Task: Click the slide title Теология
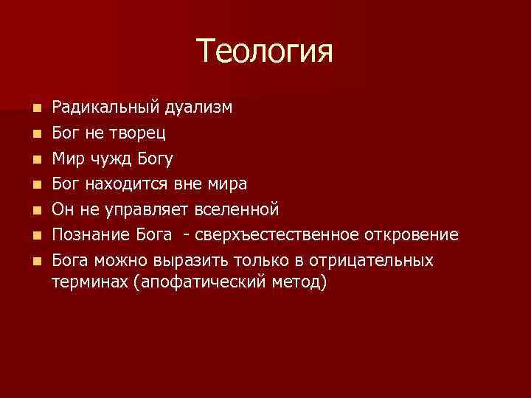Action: click(x=265, y=52)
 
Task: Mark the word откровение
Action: click(x=413, y=235)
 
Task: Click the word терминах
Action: click(x=86, y=282)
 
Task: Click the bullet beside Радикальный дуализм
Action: click(x=38, y=108)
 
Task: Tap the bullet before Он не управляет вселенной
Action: click(x=38, y=210)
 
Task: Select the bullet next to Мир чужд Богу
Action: click(x=38, y=159)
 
